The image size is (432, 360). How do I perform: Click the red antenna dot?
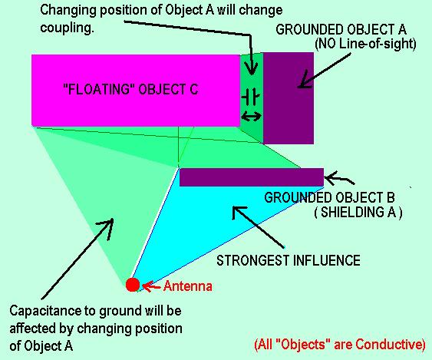click(x=133, y=285)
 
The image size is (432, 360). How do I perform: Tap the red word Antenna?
click(x=188, y=286)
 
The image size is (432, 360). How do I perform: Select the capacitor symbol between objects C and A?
click(x=251, y=97)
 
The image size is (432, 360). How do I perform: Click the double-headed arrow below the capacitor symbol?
click(x=251, y=117)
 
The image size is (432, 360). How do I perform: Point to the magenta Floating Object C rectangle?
click(x=136, y=91)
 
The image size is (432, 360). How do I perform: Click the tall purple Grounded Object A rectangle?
click(x=289, y=97)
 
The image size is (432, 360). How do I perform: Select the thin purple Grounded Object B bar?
click(x=252, y=177)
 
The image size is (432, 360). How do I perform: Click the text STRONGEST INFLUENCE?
click(x=289, y=260)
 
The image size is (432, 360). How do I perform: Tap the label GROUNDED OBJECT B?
click(x=329, y=197)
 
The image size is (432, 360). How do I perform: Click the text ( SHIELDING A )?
click(x=358, y=212)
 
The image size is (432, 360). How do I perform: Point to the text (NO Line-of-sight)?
click(x=365, y=44)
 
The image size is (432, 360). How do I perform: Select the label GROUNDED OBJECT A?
click(x=341, y=29)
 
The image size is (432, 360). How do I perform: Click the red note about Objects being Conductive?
click(x=340, y=345)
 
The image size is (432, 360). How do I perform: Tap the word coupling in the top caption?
click(x=67, y=28)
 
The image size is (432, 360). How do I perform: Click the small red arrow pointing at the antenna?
click(x=151, y=287)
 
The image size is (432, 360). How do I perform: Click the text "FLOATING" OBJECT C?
click(x=130, y=89)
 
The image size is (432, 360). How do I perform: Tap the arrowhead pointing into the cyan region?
click(x=239, y=213)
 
